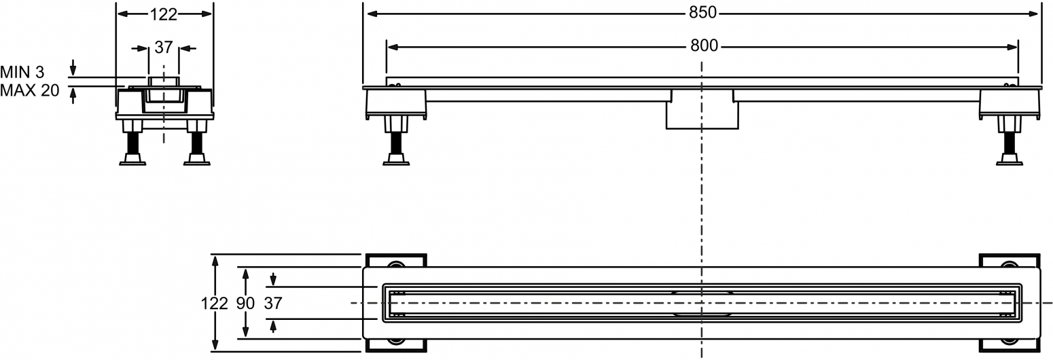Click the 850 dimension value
tap(702, 13)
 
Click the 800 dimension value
tap(704, 46)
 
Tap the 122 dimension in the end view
tap(164, 14)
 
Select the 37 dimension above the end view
tap(164, 48)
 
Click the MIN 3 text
tap(22, 73)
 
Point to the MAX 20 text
tap(30, 90)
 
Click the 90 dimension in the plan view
tap(245, 304)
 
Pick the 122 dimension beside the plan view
tap(215, 304)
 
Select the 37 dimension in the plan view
tap(273, 304)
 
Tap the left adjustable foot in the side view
tap(396, 141)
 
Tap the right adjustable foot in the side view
tap(1009, 141)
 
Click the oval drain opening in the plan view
tap(702, 303)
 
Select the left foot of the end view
tap(132, 143)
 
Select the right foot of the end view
tap(196, 143)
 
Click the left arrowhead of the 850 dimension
tap(373, 14)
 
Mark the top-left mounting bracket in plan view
tap(396, 261)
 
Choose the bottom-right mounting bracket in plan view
tap(1009, 345)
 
